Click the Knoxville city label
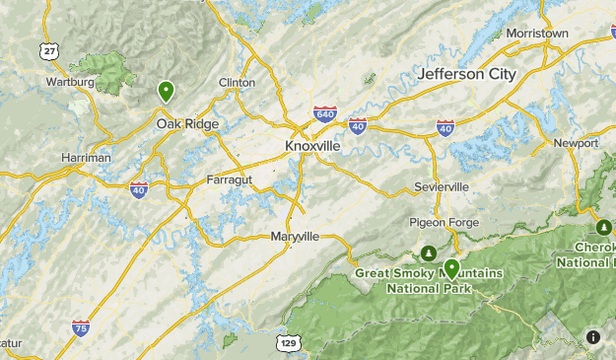click(312, 145)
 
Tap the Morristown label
click(537, 34)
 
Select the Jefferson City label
click(466, 74)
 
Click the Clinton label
click(237, 83)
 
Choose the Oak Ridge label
click(187, 124)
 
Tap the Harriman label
click(86, 158)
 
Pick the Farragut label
click(231, 180)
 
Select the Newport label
click(576, 143)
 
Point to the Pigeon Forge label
click(444, 223)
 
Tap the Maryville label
click(295, 237)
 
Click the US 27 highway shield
click(48, 49)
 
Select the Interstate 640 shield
click(324, 113)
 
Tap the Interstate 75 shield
click(81, 327)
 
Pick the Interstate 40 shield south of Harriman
click(139, 188)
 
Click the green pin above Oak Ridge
click(167, 92)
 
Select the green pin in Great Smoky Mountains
click(451, 268)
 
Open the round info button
click(593, 336)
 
